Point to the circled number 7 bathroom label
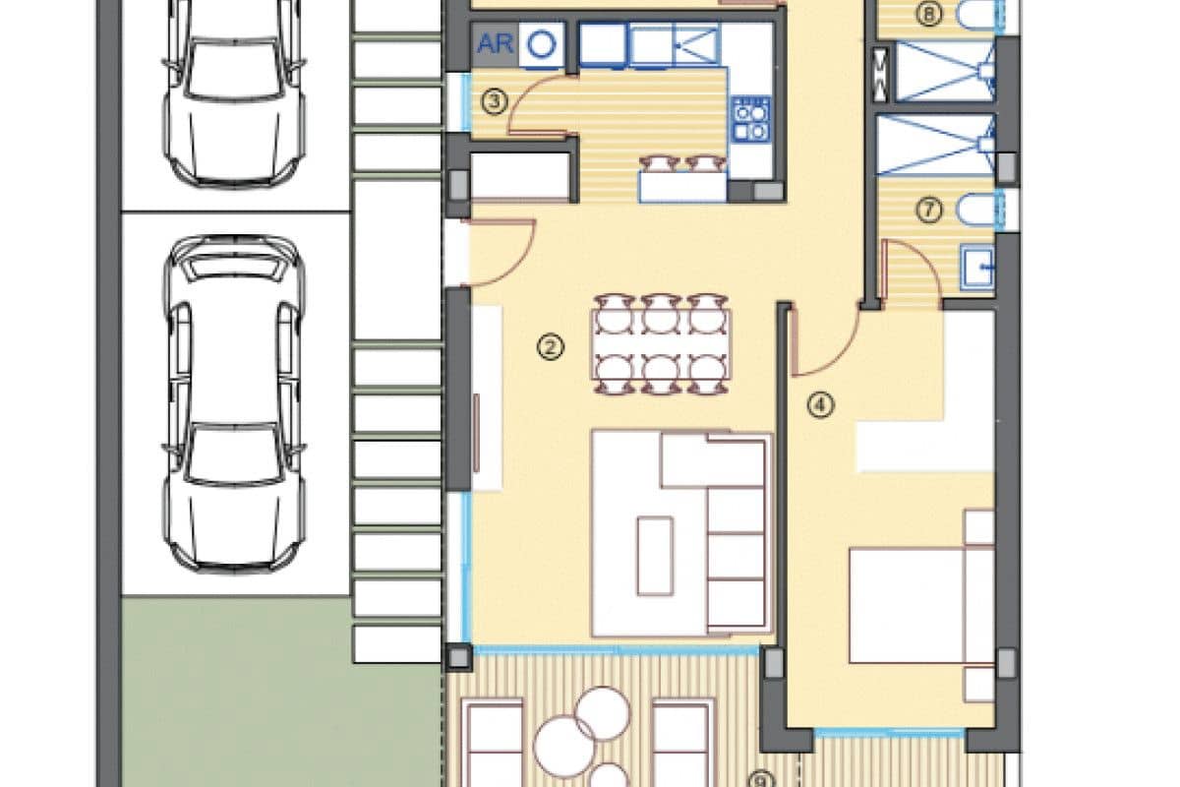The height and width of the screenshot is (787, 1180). (x=929, y=211)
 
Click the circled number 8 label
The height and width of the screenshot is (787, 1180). (x=929, y=14)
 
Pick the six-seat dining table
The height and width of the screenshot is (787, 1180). (x=661, y=344)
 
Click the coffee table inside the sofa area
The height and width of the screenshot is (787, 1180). (x=655, y=556)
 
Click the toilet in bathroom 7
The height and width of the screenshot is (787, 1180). (x=975, y=210)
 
